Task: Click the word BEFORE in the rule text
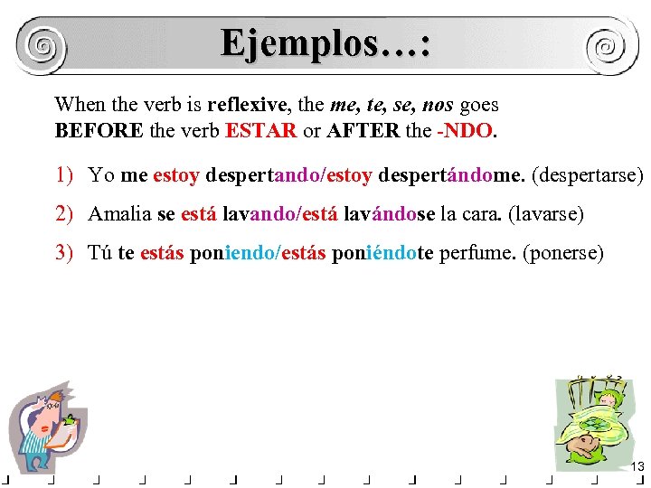[x=99, y=130]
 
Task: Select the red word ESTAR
[x=260, y=130]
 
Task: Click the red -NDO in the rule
[x=465, y=130]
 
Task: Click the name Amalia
[x=120, y=214]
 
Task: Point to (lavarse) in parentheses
[x=546, y=214]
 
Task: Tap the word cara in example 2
[x=484, y=214]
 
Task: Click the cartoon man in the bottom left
[x=50, y=425]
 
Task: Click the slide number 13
[x=637, y=466]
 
